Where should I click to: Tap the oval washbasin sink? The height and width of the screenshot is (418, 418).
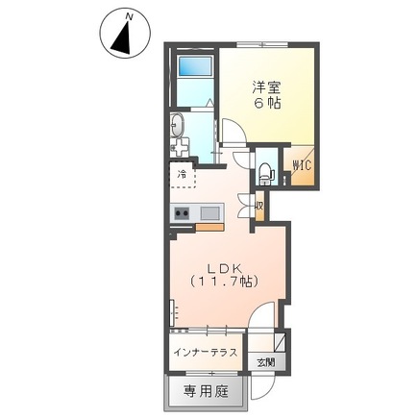tap(177, 124)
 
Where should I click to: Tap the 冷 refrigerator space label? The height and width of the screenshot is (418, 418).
tap(182, 175)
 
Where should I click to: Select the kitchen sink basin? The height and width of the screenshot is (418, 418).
tap(209, 212)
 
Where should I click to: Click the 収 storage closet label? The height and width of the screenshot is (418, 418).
tap(259, 205)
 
